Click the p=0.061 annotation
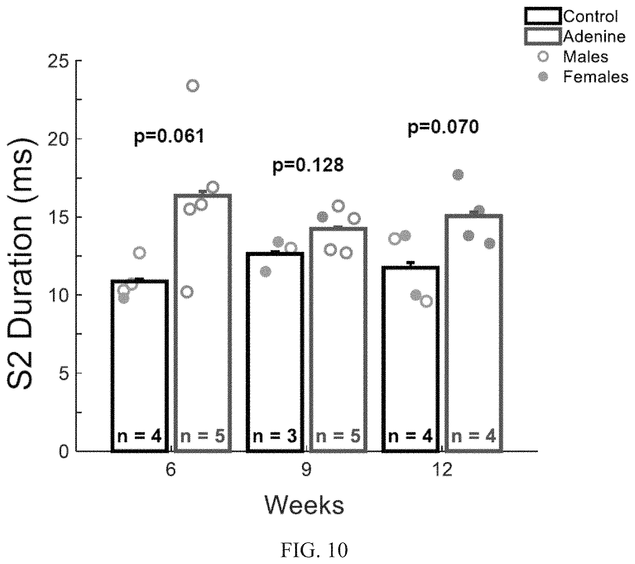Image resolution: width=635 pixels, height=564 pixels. pyautogui.click(x=169, y=136)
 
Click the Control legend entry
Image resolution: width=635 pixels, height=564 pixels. pyautogui.click(x=571, y=16)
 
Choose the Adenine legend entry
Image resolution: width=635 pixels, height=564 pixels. pyautogui.click(x=575, y=36)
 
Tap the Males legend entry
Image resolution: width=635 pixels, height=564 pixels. pyautogui.click(x=573, y=57)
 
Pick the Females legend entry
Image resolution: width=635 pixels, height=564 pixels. pyautogui.click(x=583, y=77)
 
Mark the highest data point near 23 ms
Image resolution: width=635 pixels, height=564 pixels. pyautogui.click(x=193, y=86)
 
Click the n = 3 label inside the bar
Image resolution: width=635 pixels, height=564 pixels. pyautogui.click(x=275, y=436)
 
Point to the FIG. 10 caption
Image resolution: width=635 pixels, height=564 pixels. pyautogui.click(x=314, y=550)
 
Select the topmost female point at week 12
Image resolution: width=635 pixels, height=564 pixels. pyautogui.click(x=458, y=175)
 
